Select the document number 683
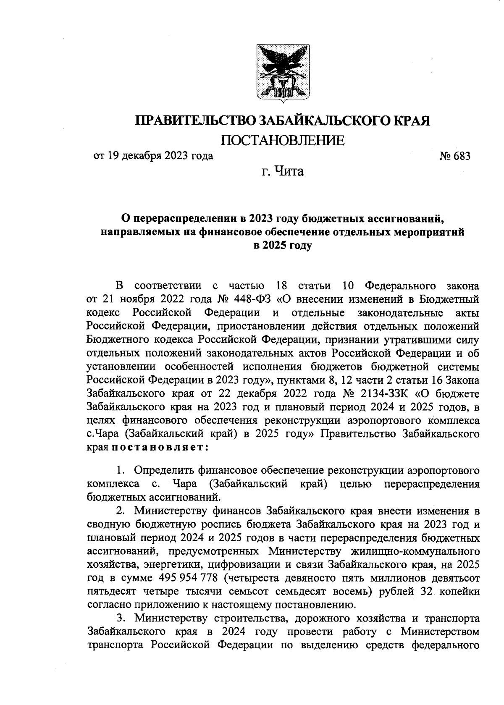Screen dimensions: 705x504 461,156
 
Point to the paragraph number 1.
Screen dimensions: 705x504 120,469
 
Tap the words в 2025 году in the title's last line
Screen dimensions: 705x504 282,246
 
